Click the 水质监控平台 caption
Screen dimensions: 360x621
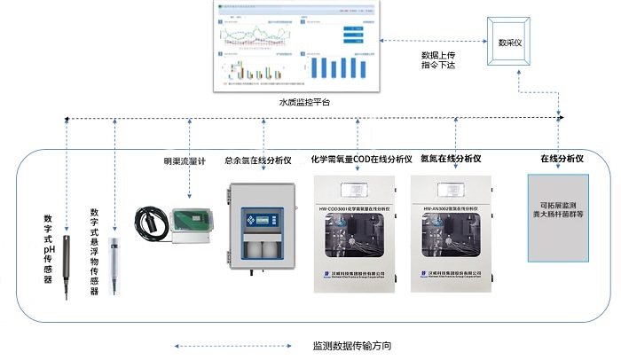303,103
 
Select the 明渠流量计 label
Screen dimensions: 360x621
185,160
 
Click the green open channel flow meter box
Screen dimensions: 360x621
189,223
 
